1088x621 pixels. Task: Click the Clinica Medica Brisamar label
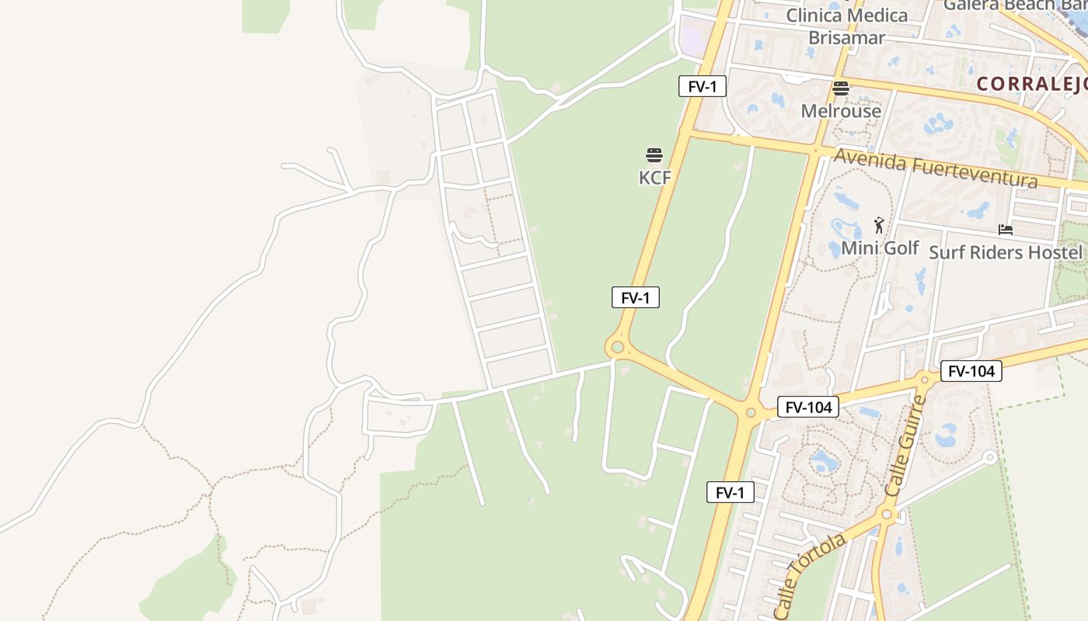tap(846, 26)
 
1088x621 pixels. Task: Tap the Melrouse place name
tap(841, 111)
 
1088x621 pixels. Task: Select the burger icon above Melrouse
tap(841, 88)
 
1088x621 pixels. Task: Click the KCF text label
tap(654, 178)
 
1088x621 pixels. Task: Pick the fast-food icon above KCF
tap(654, 155)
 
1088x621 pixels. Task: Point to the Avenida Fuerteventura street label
tap(935, 168)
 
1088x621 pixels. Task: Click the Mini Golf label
tap(880, 248)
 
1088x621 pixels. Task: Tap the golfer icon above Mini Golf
tap(879, 225)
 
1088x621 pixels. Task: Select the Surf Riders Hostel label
tap(1005, 252)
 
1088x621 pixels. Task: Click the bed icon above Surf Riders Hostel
tap(1005, 230)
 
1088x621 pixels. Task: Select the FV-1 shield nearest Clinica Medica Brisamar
tap(702, 86)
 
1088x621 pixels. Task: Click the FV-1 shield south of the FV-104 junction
tap(730, 492)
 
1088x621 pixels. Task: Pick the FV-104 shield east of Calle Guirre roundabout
tap(971, 371)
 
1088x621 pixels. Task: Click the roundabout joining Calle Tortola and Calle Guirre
tap(887, 513)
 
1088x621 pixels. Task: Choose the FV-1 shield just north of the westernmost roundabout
tap(635, 297)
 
